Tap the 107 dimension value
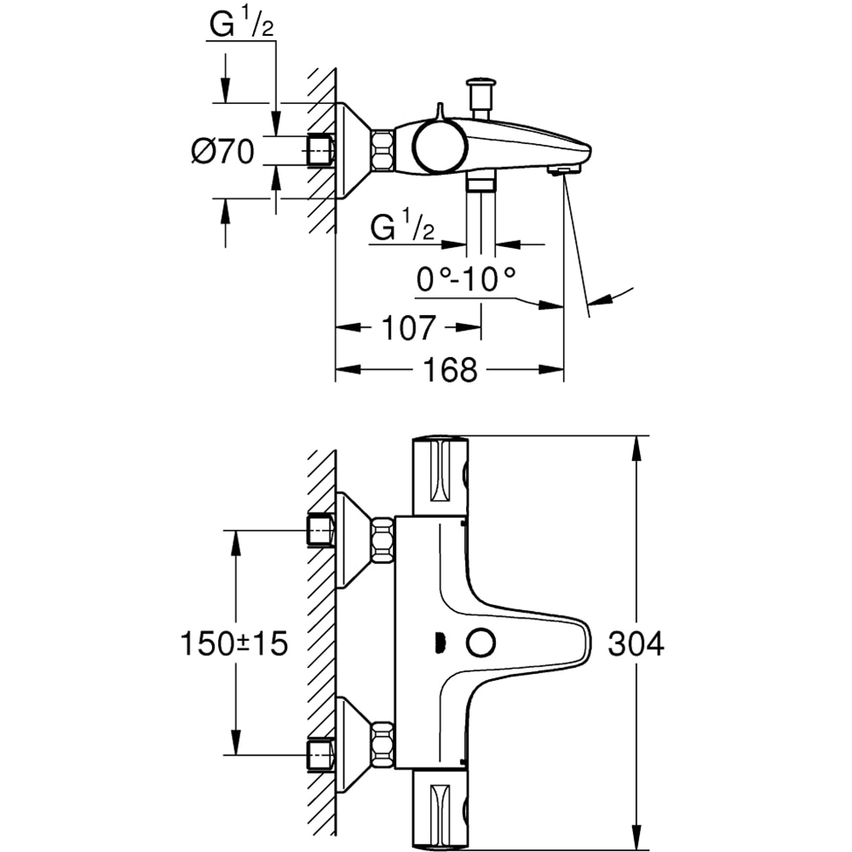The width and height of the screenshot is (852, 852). pyautogui.click(x=408, y=327)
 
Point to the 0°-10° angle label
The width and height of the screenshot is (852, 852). pyautogui.click(x=466, y=279)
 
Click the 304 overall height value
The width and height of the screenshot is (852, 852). pyautogui.click(x=636, y=644)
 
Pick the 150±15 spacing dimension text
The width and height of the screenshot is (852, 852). pyautogui.click(x=233, y=644)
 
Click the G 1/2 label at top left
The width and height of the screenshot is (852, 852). pyautogui.click(x=240, y=27)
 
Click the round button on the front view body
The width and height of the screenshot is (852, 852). pyautogui.click(x=480, y=642)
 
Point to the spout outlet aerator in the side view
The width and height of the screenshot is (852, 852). pyautogui.click(x=562, y=171)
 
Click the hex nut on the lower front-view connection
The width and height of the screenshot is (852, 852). pyautogui.click(x=383, y=744)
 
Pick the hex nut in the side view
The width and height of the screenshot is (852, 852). pyautogui.click(x=383, y=151)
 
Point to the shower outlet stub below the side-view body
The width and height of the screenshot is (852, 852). pyautogui.click(x=482, y=183)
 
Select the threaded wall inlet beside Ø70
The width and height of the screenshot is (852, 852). pyautogui.click(x=320, y=151)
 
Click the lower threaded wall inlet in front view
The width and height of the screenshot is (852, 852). pyautogui.click(x=320, y=751)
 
